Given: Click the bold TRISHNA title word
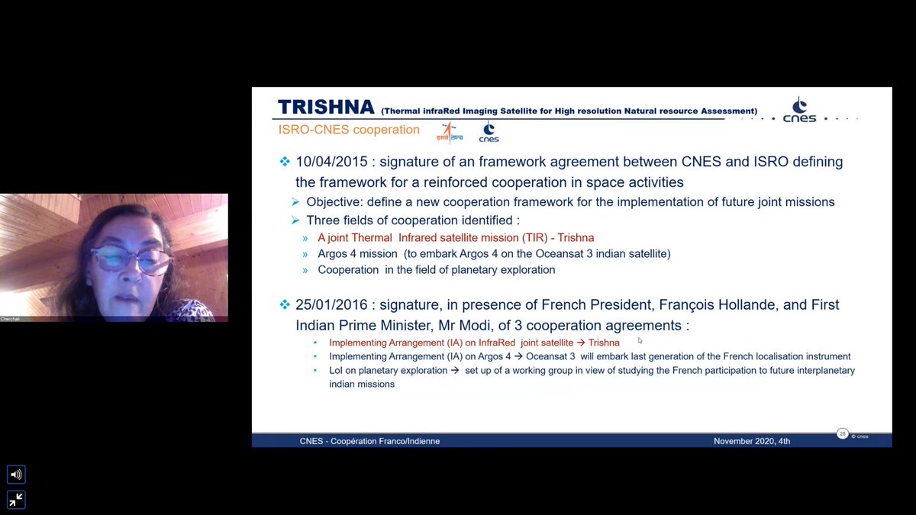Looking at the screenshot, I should coord(326,107).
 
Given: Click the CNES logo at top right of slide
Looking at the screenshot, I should coord(799,111).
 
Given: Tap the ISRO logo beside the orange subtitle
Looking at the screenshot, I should coord(449,132).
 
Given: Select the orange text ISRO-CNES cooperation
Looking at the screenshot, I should coord(349,130).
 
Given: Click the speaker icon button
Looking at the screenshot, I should coord(16,475).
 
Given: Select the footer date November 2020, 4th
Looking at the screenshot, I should coord(752,441).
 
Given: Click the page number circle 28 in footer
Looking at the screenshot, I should coord(843,434).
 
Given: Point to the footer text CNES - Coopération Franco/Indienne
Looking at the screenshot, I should coord(369,441).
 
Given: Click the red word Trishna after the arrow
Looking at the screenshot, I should coord(604,343).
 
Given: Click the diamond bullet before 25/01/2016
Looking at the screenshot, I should coord(285,304).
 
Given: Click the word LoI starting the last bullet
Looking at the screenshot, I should coord(337,370).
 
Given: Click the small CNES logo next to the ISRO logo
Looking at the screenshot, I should coord(489,133).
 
